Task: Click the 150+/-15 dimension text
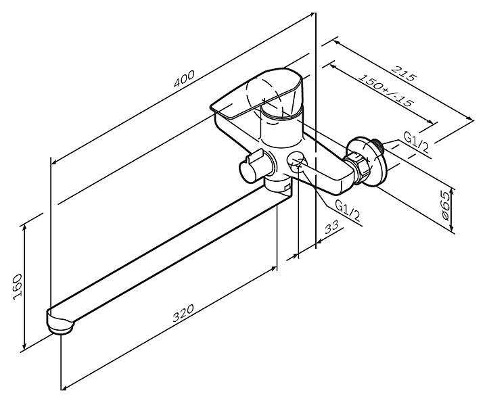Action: [386, 90]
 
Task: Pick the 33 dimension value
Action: [331, 229]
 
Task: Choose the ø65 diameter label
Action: [445, 206]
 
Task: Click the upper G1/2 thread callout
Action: [416, 143]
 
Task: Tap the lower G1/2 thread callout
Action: [348, 211]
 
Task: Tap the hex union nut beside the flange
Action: [358, 167]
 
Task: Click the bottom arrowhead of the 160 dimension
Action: [24, 346]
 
